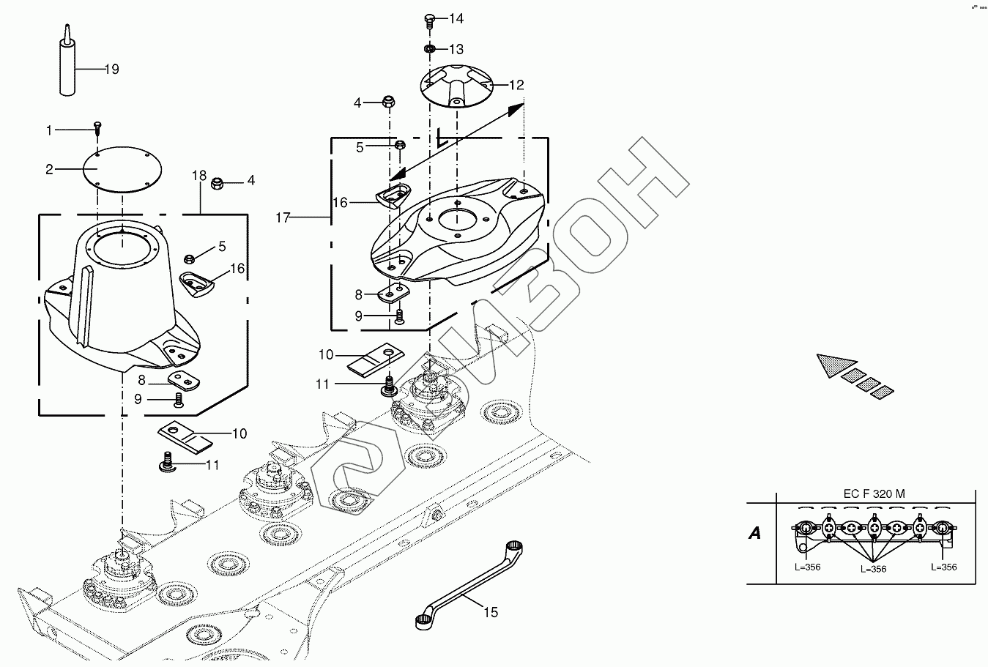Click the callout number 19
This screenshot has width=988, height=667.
point(111,70)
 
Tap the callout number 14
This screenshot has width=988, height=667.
point(456,18)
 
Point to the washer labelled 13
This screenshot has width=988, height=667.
point(430,49)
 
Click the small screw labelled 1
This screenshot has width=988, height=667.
point(97,130)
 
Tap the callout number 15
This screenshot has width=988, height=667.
point(490,611)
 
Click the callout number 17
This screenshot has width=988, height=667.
point(284,217)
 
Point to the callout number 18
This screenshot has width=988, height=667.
point(199,176)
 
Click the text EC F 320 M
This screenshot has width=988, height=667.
point(874,493)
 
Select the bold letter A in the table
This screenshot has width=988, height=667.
point(754,533)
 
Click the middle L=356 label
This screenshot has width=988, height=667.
point(873,569)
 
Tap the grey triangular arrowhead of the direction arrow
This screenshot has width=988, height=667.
point(835,364)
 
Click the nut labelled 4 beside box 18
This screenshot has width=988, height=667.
point(217,182)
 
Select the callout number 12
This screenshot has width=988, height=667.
point(516,86)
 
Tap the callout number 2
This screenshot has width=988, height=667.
point(49,170)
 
